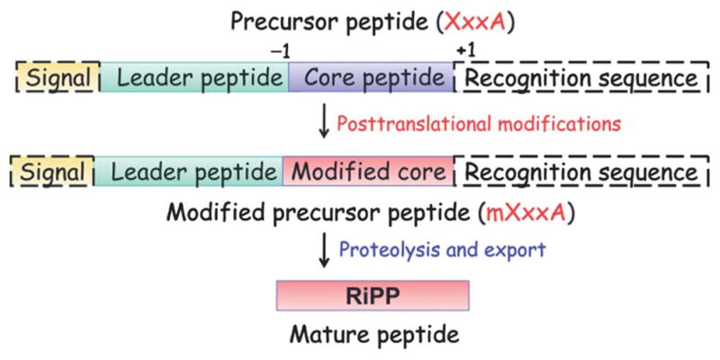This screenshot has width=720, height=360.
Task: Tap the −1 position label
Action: (x=281, y=52)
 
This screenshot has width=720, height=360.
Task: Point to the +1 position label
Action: (x=465, y=51)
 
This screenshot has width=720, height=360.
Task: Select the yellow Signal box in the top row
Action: (x=58, y=77)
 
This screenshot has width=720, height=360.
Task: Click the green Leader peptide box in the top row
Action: (x=194, y=77)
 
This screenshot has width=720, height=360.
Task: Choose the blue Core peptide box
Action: (x=371, y=77)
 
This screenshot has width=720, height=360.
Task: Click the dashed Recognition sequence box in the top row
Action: (x=580, y=77)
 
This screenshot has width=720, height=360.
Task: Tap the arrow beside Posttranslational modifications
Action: (x=324, y=123)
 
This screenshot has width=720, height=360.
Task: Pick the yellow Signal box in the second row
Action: (x=52, y=171)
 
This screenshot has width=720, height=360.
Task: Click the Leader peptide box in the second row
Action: (x=188, y=171)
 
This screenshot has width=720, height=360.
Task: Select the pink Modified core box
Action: (x=368, y=171)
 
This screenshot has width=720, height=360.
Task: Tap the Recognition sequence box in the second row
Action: (x=580, y=171)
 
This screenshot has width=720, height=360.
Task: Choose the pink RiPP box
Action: (x=373, y=295)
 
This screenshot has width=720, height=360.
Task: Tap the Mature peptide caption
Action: (x=373, y=334)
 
